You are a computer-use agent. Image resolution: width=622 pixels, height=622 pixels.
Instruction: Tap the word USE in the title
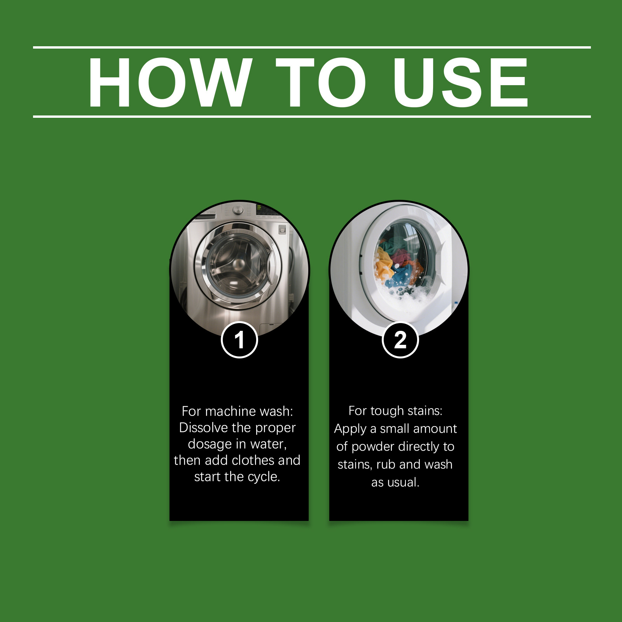[x=460, y=82]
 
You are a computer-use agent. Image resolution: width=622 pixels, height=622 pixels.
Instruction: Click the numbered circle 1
[x=239, y=340]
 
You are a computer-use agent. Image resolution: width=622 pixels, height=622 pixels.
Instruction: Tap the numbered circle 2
[x=400, y=340]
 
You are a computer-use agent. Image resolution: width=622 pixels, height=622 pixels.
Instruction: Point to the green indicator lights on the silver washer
[x=259, y=207]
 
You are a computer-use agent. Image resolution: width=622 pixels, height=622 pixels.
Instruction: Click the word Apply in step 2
[x=350, y=429]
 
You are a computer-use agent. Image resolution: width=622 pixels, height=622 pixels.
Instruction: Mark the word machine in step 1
[x=226, y=411]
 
